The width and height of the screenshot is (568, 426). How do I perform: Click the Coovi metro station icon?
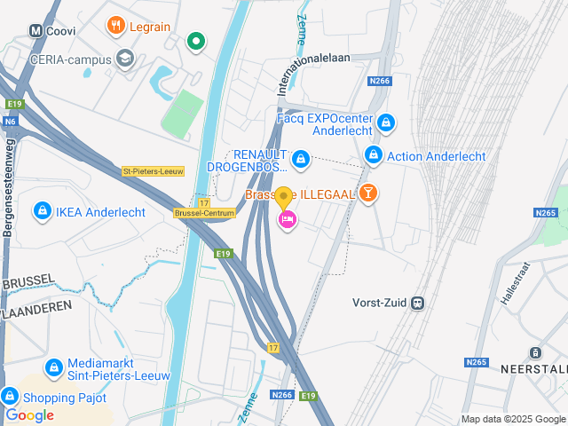36,30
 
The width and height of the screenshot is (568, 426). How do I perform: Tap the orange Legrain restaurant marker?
115,26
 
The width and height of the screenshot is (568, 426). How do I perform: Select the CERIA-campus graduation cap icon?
125,59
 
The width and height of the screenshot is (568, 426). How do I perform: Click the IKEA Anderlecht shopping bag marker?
41,210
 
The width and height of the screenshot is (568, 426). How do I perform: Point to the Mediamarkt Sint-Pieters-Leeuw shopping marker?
53,367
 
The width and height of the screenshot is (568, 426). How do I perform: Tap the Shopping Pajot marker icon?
11,396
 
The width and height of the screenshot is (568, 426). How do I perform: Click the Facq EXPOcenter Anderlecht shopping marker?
385,122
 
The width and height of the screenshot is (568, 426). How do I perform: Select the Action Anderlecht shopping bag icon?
374,155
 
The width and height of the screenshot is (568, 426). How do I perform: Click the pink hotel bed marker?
287,219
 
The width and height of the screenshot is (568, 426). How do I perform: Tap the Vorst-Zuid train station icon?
416,303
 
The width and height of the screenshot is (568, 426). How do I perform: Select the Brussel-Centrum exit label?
205,213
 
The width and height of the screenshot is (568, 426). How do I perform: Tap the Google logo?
29,414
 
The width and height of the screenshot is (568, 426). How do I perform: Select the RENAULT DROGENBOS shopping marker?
301,159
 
